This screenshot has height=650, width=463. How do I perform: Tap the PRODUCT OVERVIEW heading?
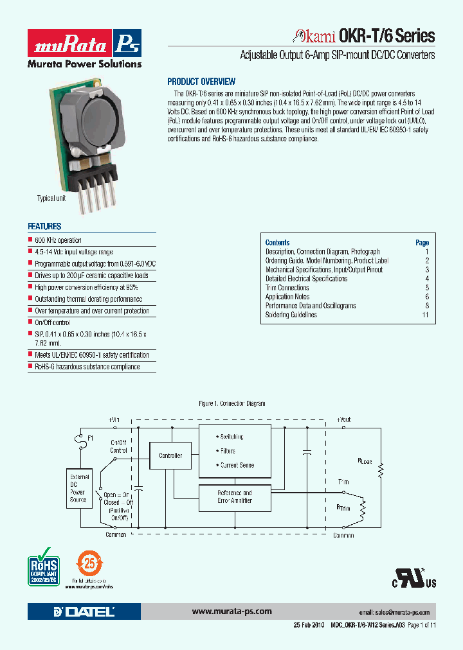(201, 82)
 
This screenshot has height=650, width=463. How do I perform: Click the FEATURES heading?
(44, 226)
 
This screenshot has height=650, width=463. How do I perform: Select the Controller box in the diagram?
(170, 455)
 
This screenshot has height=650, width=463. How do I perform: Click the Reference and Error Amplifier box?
(235, 496)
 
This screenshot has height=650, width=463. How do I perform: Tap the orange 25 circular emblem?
(90, 563)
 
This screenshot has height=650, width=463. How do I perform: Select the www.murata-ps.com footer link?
(232, 611)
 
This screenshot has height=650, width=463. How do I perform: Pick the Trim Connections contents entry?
(287, 288)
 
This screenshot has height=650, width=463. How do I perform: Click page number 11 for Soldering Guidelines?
(424, 315)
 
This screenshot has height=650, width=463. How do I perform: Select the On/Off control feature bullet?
(52, 322)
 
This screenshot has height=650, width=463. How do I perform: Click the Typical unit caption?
(51, 198)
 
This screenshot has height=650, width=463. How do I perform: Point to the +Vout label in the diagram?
(343, 419)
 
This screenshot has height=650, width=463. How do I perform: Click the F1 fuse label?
(90, 437)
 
